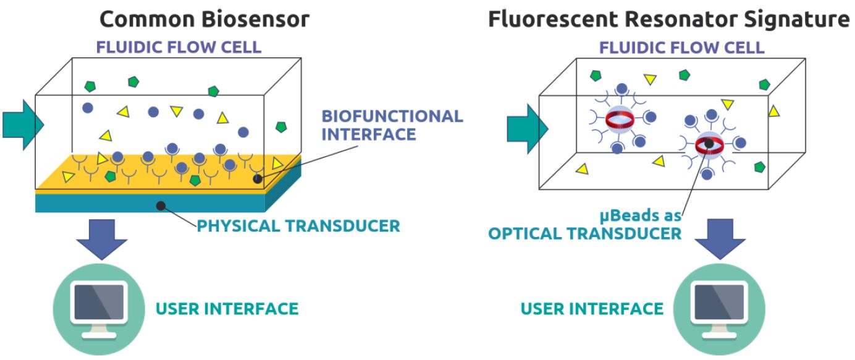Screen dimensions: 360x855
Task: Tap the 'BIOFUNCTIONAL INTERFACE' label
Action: point(392,125)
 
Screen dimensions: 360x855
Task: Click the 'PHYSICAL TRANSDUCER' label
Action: point(298,225)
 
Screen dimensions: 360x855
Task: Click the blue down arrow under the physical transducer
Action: point(103,238)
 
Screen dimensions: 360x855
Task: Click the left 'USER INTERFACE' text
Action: point(227,308)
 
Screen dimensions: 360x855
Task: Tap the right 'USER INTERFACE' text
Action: point(592,308)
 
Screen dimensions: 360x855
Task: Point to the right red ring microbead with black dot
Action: point(709,144)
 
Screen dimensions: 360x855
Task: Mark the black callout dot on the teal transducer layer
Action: point(162,205)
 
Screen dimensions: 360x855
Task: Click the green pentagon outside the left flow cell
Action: point(281,127)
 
